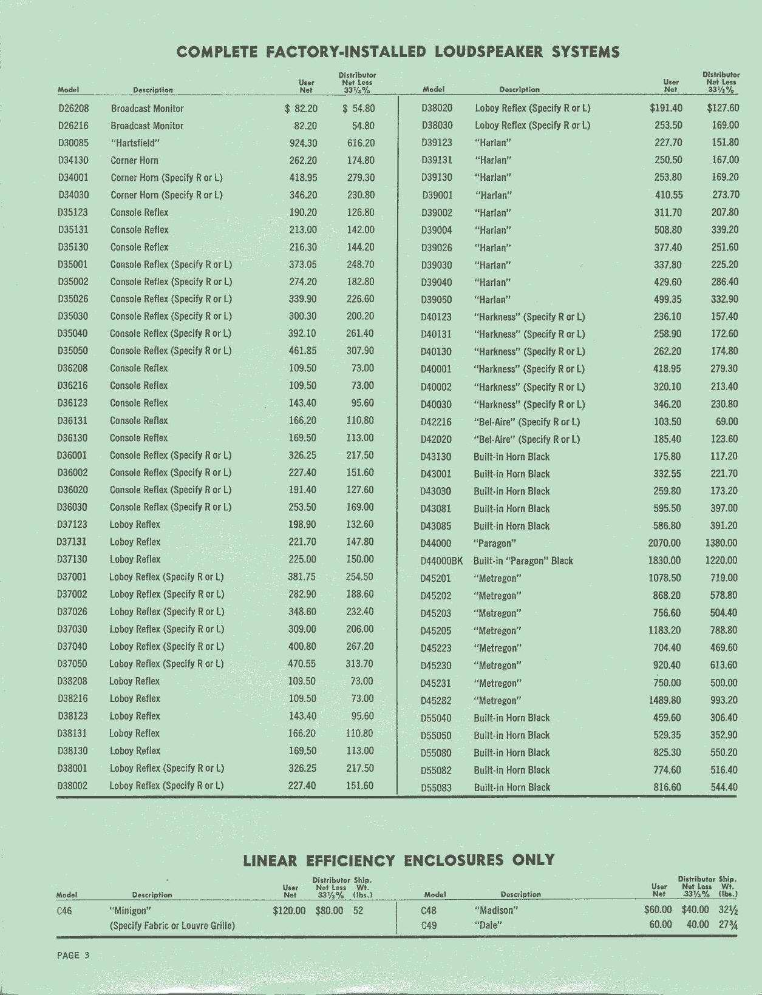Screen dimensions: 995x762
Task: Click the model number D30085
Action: point(73,143)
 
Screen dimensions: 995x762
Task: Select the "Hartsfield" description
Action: point(135,143)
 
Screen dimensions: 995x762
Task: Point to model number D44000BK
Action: point(441,561)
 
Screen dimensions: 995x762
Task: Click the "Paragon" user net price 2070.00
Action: point(664,544)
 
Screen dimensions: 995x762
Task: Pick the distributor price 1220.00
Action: point(721,561)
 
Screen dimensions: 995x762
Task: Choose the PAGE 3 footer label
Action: point(73,955)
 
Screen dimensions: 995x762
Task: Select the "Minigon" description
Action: point(130,911)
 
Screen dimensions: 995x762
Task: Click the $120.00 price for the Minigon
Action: point(289,911)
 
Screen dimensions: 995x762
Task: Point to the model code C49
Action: point(429,926)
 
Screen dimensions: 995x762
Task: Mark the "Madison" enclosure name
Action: point(495,910)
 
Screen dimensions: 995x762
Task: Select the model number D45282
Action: point(436,701)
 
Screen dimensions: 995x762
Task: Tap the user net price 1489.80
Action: point(665,700)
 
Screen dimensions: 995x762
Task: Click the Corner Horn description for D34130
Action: point(134,161)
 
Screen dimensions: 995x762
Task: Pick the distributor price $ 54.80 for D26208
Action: point(359,109)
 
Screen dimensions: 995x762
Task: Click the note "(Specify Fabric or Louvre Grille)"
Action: point(172,926)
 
